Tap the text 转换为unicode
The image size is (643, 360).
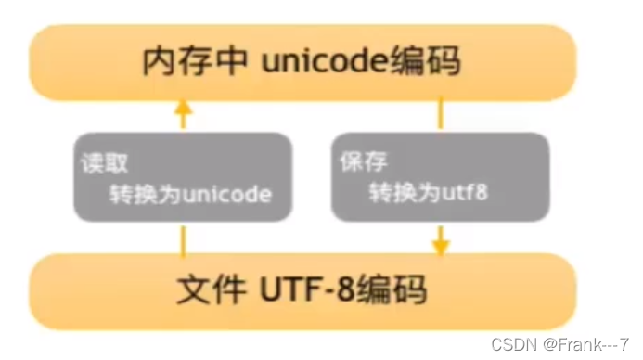click(189, 196)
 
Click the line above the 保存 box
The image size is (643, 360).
click(441, 115)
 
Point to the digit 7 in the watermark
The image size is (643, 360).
click(625, 344)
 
